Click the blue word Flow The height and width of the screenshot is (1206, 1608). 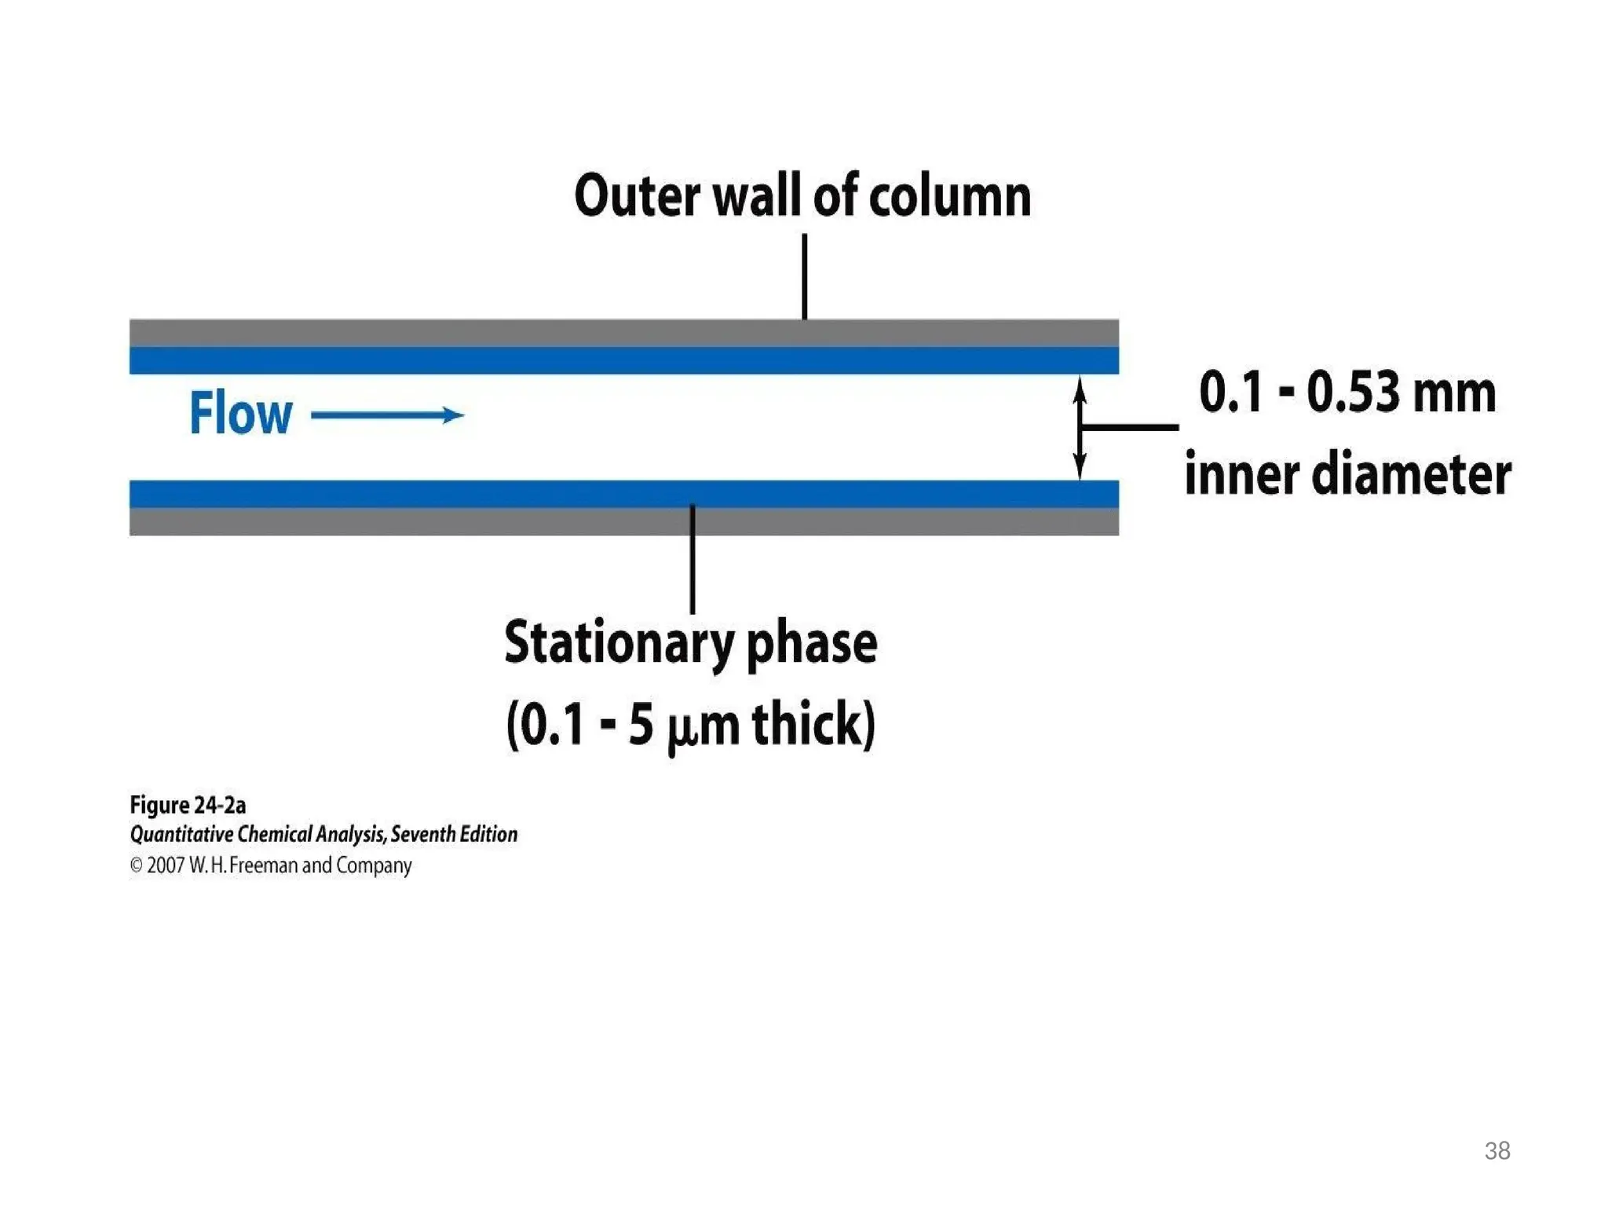[240, 413]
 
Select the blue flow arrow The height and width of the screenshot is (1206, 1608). [387, 415]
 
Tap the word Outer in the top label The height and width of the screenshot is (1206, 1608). [637, 196]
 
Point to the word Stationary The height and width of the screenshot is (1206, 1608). [619, 644]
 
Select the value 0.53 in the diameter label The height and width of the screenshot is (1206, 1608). [1352, 392]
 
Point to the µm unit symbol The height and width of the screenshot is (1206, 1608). [703, 727]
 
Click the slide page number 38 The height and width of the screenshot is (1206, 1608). [1497, 1151]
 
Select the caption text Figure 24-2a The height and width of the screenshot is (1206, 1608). [188, 806]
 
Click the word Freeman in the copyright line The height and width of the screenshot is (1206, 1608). [263, 865]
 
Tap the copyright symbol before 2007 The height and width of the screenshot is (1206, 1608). [136, 865]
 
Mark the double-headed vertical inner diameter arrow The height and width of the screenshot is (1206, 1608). [1080, 427]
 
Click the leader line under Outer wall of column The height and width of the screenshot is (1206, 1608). [805, 276]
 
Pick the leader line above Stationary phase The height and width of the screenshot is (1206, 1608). [693, 559]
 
